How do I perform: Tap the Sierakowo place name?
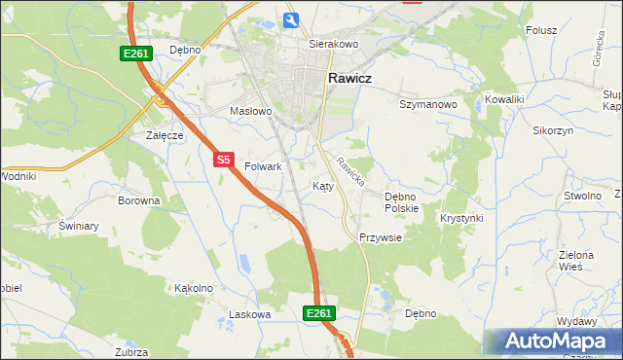[x=334, y=45]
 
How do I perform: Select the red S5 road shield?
[x=224, y=160]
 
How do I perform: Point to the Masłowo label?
[x=250, y=111]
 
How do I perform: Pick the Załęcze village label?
[x=165, y=135]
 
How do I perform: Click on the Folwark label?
[x=263, y=166]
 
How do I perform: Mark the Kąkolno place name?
[x=193, y=288]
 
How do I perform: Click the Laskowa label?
[x=248, y=314]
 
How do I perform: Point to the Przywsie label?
[x=381, y=237]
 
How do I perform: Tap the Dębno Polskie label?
[x=401, y=202]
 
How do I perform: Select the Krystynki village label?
[x=461, y=218]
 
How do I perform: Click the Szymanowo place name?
[x=428, y=103]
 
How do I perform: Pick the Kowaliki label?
[x=505, y=99]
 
